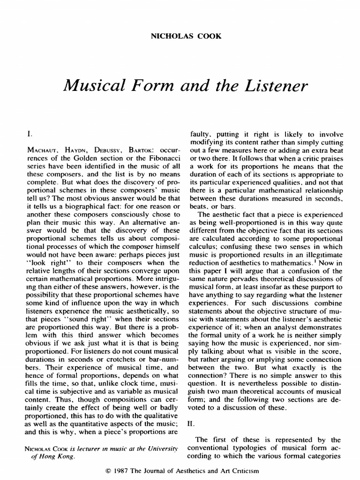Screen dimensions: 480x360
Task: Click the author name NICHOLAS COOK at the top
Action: pos(180,36)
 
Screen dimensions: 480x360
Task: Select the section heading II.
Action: pos(191,423)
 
